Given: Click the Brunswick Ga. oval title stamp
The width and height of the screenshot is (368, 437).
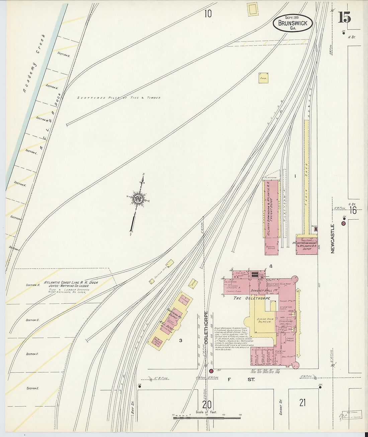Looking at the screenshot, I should click(x=293, y=23).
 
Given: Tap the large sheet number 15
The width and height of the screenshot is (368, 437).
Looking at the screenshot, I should click(x=344, y=17).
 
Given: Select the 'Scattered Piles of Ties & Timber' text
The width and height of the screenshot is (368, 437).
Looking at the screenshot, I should click(x=119, y=98).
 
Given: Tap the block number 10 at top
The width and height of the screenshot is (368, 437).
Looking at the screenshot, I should click(x=208, y=14).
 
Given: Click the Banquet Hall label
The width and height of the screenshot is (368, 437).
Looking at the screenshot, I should click(x=264, y=290).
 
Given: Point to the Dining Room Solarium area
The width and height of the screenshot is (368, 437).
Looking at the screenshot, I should click(x=265, y=321).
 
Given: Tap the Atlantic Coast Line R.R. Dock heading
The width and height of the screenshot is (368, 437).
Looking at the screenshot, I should click(x=71, y=283).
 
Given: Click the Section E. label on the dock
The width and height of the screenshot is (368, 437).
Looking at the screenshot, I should click(x=33, y=388).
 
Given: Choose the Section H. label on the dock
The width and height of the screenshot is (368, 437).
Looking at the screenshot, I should click(x=33, y=285).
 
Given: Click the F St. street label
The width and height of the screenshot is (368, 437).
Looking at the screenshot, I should click(x=241, y=380).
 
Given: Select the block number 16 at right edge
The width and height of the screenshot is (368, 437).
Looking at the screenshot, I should click(x=353, y=210).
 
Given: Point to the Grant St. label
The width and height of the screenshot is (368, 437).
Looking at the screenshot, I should click(x=281, y=407).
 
